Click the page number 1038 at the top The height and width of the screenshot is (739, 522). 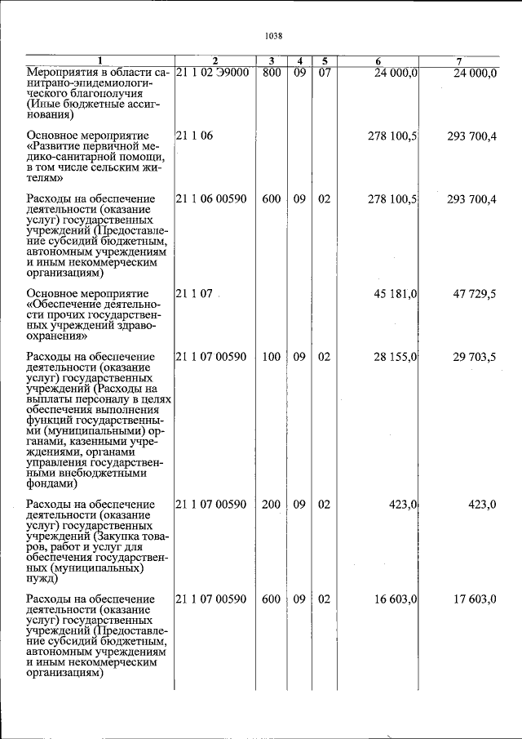click(273, 36)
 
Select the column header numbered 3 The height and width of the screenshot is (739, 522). click(272, 61)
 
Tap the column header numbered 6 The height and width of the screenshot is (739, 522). click(378, 61)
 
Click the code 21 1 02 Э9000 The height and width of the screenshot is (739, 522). click(212, 73)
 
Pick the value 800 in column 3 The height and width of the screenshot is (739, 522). click(272, 73)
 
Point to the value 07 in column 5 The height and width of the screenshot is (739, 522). click(324, 73)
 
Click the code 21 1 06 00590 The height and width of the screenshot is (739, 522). click(211, 199)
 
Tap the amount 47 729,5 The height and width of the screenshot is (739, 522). click(471, 293)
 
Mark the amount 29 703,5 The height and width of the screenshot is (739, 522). click(471, 357)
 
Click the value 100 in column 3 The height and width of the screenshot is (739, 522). click(272, 357)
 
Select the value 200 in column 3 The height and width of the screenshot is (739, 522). click(272, 505)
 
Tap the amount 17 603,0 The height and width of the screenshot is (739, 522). click(471, 599)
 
